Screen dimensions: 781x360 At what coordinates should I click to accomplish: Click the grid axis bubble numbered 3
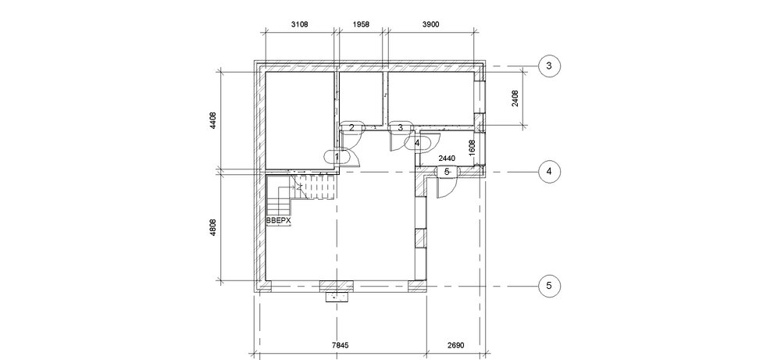coord(549,66)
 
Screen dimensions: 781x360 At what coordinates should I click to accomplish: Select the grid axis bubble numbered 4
coord(549,172)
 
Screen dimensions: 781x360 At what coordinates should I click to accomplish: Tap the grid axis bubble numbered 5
coord(549,286)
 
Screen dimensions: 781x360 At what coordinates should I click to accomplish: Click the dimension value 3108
coord(299,24)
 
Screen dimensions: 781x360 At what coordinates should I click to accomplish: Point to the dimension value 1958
coord(361,24)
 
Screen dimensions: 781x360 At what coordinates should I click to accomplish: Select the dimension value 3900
coord(430,24)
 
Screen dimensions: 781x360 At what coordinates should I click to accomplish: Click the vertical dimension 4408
coord(213,121)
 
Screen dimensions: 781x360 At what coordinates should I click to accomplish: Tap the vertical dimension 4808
coord(213,227)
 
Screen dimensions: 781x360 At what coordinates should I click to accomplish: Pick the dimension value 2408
coord(515,98)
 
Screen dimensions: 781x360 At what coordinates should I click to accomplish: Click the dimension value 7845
coord(341,344)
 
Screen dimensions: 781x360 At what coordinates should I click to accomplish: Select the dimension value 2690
coord(455,344)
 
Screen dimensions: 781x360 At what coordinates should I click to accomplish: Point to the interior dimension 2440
coord(446,159)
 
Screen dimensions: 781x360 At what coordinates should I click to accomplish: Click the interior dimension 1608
coord(473,148)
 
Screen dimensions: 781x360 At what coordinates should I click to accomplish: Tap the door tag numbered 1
coord(337,157)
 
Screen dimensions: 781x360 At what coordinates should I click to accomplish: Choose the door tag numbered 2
coord(351,128)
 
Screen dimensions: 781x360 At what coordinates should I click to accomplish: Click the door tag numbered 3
coord(400,128)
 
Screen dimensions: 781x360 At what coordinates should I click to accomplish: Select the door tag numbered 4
coord(417,143)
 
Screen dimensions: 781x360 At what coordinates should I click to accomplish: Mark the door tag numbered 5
coord(447,172)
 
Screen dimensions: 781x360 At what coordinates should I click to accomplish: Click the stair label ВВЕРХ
coord(279,220)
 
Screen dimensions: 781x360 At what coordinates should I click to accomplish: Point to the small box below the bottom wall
coord(337,298)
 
